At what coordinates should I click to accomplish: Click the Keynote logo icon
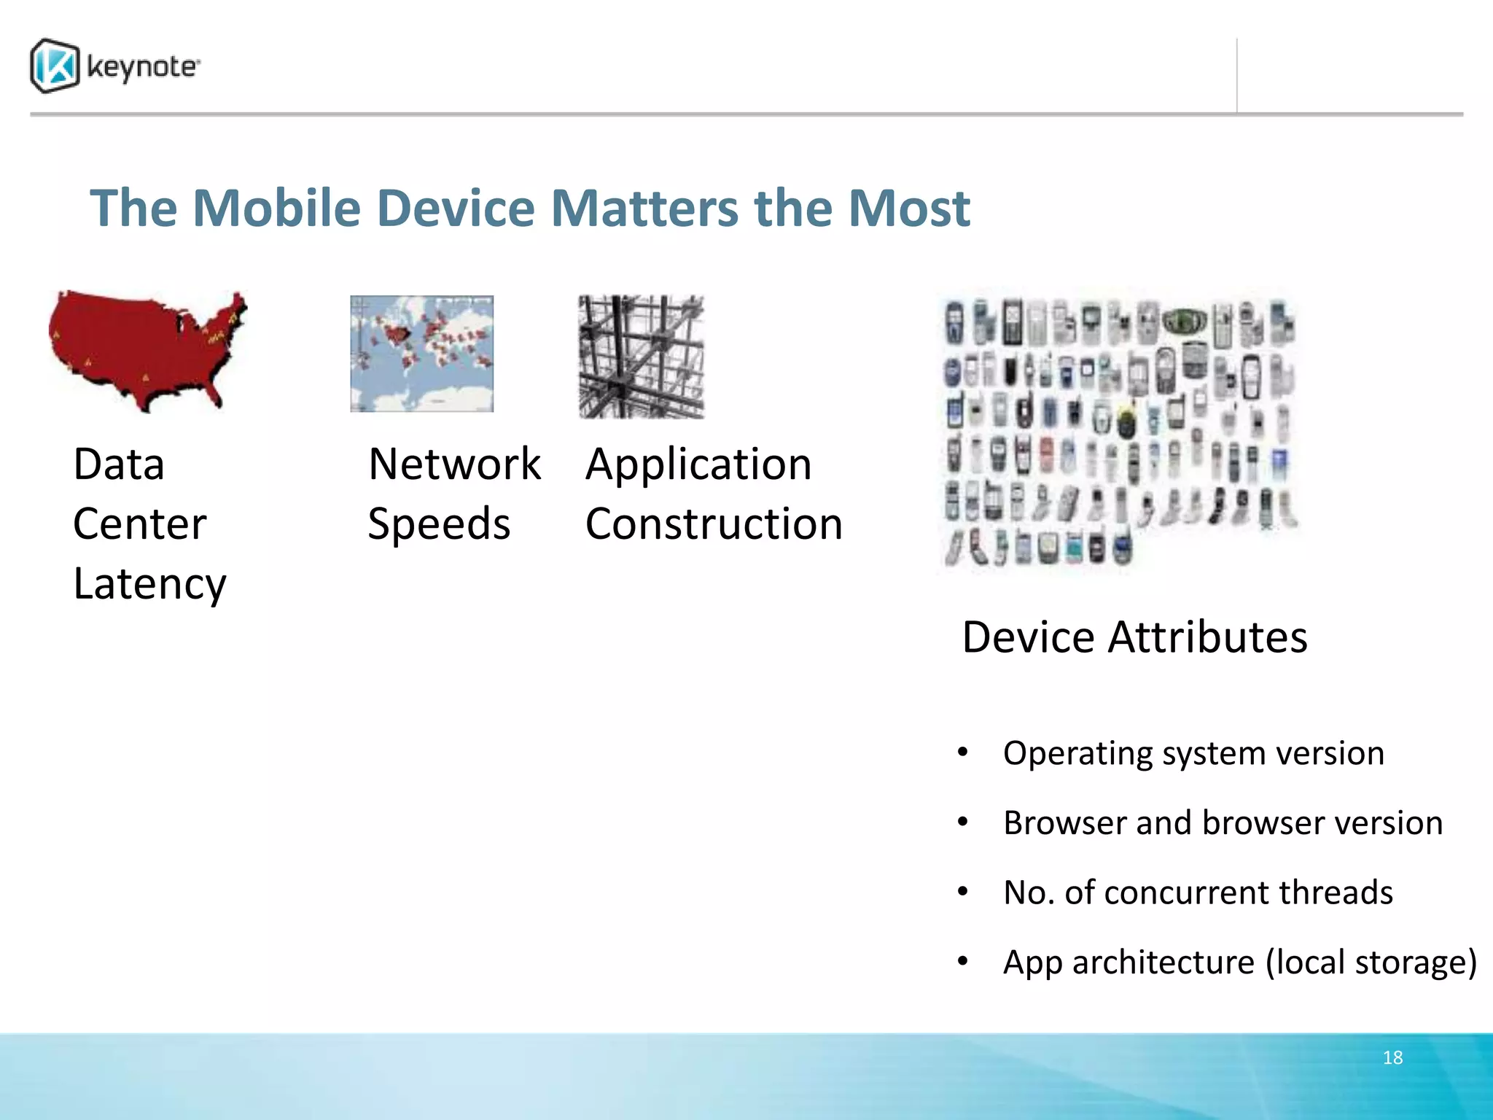coord(55,66)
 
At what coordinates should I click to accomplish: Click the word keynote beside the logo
coord(143,67)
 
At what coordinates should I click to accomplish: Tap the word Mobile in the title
coord(277,209)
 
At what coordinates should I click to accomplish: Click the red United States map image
coord(146,350)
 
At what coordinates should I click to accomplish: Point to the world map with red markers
coord(421,354)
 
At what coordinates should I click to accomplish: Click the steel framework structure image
coord(641,357)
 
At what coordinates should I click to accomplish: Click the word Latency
coord(149,584)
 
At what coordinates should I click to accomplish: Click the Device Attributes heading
coord(1134,637)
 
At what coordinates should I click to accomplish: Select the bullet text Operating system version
coord(1193,752)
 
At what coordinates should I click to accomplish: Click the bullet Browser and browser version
coord(1222,822)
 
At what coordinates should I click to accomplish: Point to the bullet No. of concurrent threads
coord(1197,892)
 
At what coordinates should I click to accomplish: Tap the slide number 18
coord(1392,1057)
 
